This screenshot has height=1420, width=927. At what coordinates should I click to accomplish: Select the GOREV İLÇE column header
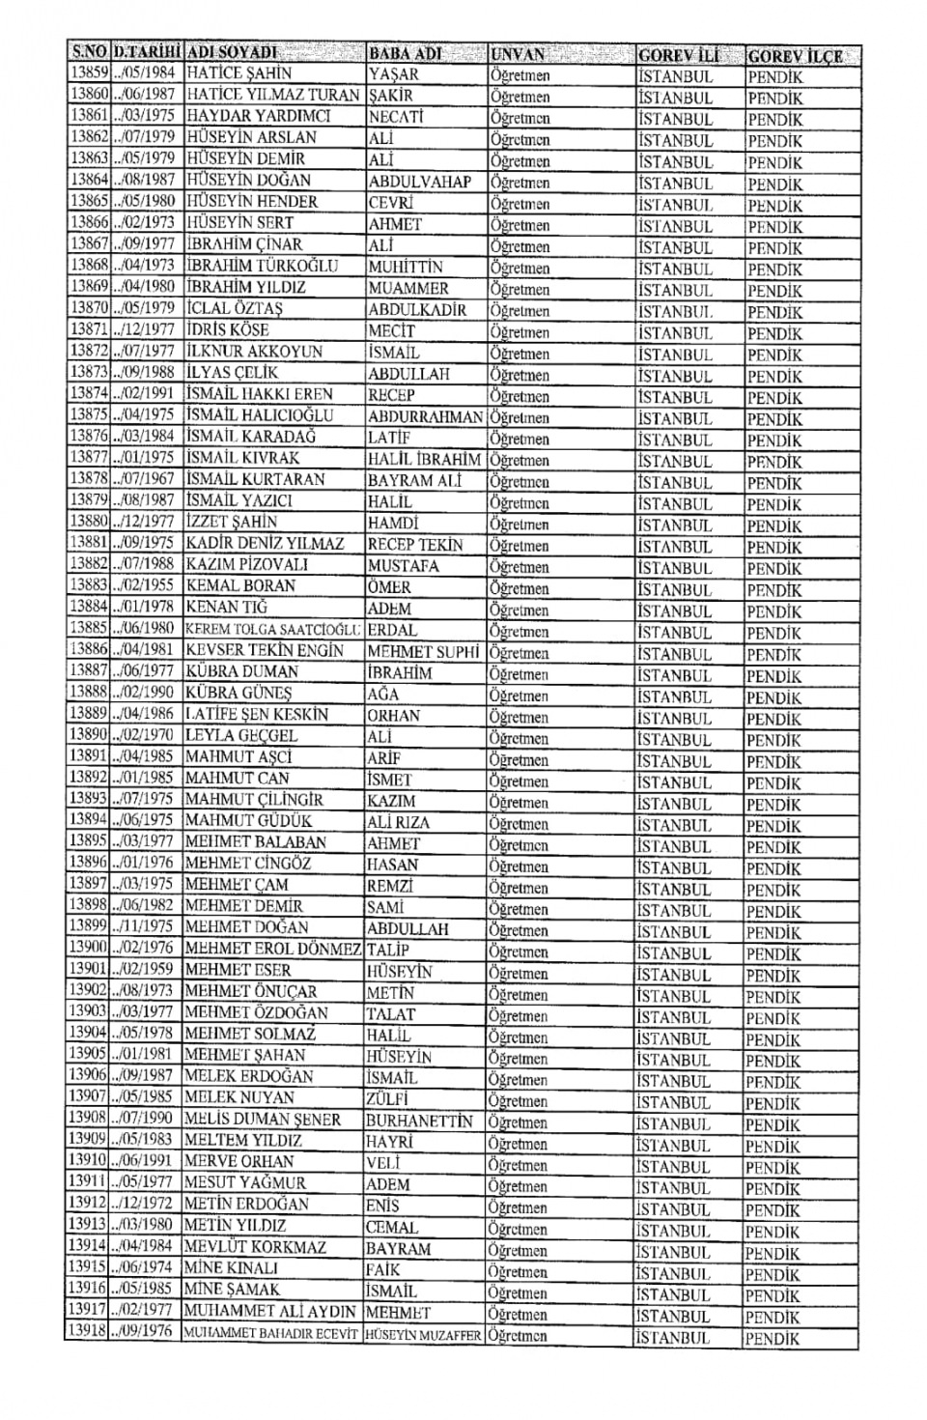click(794, 56)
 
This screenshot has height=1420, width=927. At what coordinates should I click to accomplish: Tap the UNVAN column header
click(518, 54)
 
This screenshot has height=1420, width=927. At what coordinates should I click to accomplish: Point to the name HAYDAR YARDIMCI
click(258, 116)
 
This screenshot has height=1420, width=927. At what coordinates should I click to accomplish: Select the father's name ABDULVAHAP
click(419, 182)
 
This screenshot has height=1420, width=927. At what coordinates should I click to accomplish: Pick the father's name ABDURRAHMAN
click(425, 417)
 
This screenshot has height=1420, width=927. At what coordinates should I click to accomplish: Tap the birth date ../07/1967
click(146, 480)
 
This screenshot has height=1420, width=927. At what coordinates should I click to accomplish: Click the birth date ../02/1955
click(146, 586)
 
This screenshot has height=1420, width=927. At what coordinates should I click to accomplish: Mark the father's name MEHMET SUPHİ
click(423, 651)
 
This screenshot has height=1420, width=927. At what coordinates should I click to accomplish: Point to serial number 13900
click(87, 949)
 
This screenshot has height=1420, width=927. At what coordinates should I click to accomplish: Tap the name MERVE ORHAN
click(239, 1162)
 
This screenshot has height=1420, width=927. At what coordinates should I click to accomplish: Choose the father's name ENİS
click(382, 1206)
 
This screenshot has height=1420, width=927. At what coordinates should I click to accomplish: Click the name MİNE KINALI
click(231, 1268)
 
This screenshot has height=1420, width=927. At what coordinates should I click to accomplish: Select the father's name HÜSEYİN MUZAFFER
click(423, 1335)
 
